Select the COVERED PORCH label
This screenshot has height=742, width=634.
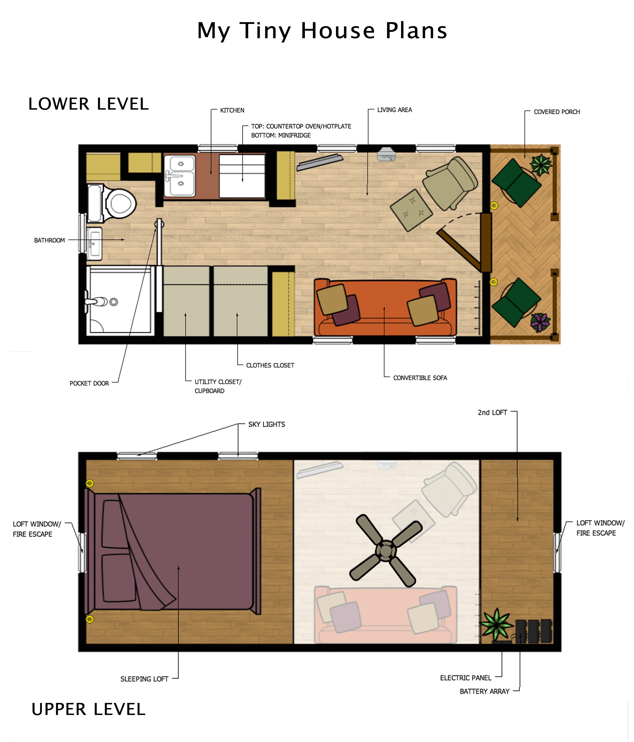556,112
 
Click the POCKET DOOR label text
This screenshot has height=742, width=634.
89,383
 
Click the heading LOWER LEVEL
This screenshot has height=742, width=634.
88,104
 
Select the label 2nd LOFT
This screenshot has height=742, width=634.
492,413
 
